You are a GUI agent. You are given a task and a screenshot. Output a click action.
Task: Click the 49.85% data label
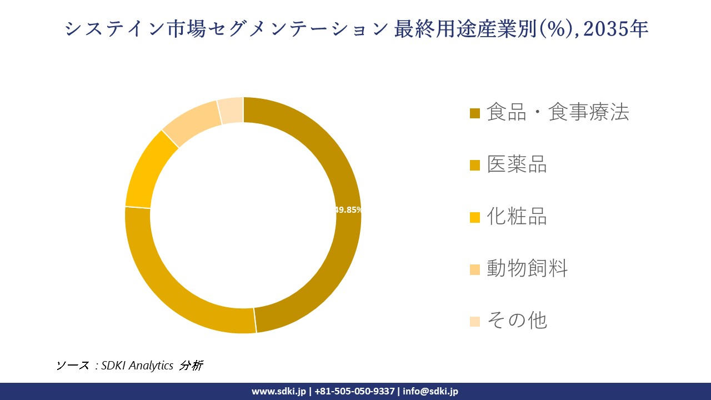point(348,210)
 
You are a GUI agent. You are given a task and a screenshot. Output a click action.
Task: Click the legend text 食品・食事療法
point(558,112)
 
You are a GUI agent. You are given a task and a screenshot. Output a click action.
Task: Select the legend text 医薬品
point(517,164)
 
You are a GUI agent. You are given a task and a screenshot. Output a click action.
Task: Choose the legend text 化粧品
point(517,217)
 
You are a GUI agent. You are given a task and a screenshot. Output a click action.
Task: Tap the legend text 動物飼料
point(527,269)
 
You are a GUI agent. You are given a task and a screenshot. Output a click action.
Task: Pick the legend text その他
point(517,321)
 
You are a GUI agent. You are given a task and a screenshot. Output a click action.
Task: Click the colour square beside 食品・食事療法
point(475,113)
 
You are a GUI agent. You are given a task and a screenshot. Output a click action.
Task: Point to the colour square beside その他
point(475,322)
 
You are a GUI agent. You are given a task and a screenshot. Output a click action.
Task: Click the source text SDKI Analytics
point(137,366)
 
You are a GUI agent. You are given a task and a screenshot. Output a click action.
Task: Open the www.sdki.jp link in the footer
point(278,391)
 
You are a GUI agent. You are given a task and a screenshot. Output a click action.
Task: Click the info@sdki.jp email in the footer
point(430,391)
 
